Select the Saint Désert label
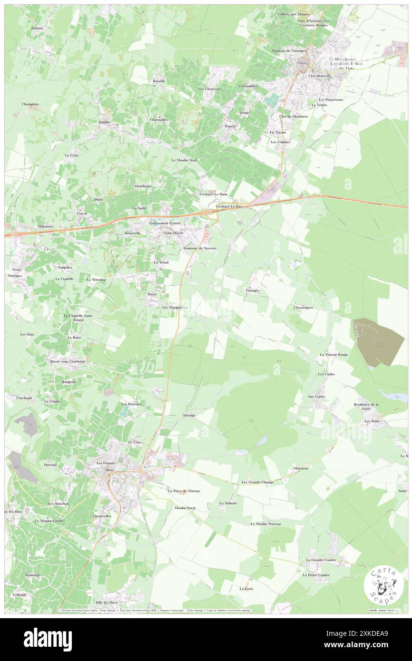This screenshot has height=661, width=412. [x=173, y=233]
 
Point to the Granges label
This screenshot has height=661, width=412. [x=253, y=290]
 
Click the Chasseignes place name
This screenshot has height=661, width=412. [x=303, y=308]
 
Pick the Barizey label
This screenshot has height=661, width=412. [x=37, y=28]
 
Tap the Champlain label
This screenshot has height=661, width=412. [x=30, y=104]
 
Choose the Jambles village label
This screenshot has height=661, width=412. [x=105, y=122]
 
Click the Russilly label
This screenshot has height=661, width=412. [x=159, y=82]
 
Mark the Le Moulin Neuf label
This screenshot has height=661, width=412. [x=184, y=160]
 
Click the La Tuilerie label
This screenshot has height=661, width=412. [x=228, y=503]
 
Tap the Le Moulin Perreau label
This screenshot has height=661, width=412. [x=265, y=524]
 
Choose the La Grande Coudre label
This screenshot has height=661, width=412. [x=321, y=560]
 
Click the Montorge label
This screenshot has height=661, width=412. [x=33, y=575]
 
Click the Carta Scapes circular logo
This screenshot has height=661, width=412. [x=384, y=586]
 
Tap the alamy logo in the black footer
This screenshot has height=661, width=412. [x=48, y=639]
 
